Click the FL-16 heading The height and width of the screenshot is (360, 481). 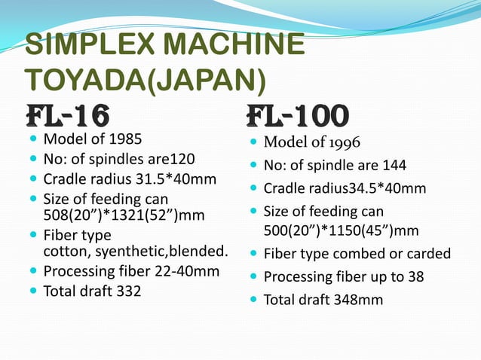pyautogui.click(x=68, y=117)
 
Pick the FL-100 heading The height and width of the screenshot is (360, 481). pyautogui.click(x=298, y=117)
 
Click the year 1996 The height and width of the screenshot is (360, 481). pyautogui.click(x=342, y=142)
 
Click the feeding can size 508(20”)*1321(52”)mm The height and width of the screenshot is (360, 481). pyautogui.click(x=124, y=216)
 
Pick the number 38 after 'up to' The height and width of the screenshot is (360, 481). pyautogui.click(x=415, y=276)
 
